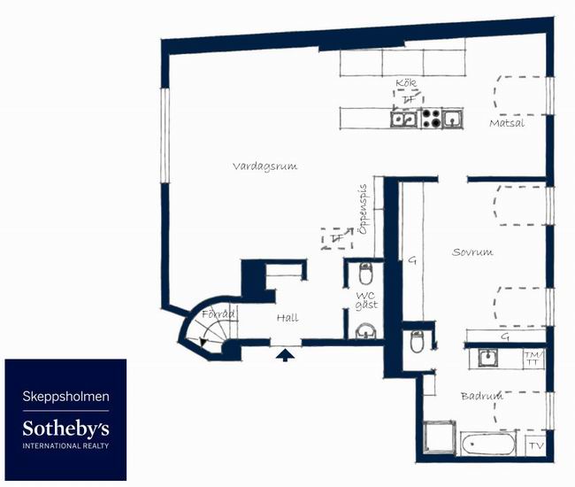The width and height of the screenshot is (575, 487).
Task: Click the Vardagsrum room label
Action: pyautogui.click(x=264, y=166)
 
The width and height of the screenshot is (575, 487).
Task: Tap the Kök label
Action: pyautogui.click(x=406, y=83)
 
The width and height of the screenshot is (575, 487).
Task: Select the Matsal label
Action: pyautogui.click(x=507, y=123)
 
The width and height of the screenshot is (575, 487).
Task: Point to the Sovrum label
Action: pyautogui.click(x=472, y=251)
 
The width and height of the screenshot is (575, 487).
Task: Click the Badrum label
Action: pyautogui.click(x=482, y=396)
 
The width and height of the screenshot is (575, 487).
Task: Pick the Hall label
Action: pyautogui.click(x=287, y=318)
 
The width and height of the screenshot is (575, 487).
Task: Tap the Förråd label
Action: pyautogui.click(x=218, y=314)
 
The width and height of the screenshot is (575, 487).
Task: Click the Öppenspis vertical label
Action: pyautogui.click(x=363, y=209)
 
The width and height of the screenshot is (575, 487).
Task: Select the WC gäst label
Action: pyautogui.click(x=366, y=300)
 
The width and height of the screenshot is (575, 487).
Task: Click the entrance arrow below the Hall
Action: pyautogui.click(x=285, y=355)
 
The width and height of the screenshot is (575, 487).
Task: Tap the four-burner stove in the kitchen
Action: pyautogui.click(x=431, y=118)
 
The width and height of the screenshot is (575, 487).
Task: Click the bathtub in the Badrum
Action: pyautogui.click(x=488, y=444)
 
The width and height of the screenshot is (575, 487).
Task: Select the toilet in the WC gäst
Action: pyautogui.click(x=365, y=274)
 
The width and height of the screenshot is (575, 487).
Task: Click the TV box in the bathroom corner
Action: pyautogui.click(x=536, y=445)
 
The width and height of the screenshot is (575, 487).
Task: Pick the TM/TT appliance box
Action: pyautogui.click(x=533, y=359)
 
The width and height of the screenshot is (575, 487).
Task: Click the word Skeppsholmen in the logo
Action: pyautogui.click(x=66, y=397)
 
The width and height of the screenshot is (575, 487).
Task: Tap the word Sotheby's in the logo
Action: pyautogui.click(x=66, y=429)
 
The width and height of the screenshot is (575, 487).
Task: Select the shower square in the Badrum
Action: pyautogui.click(x=440, y=437)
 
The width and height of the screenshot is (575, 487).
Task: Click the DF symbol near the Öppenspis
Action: pyautogui.click(x=337, y=238)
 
